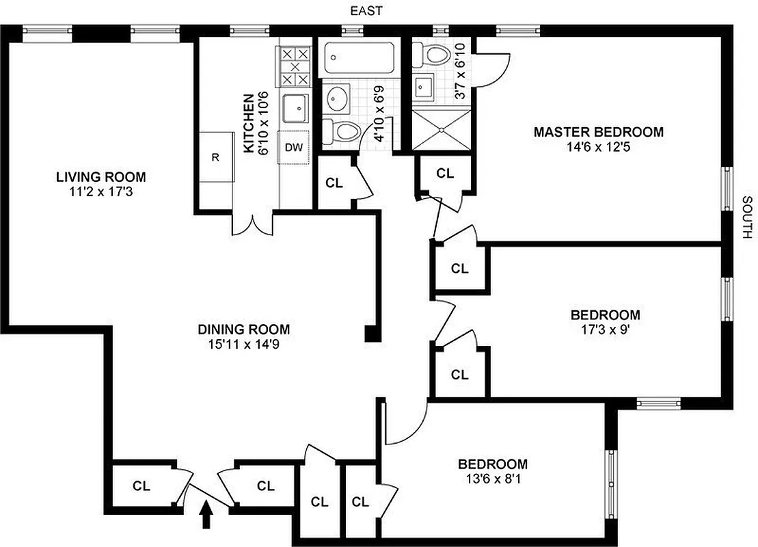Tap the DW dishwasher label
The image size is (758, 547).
pyautogui.click(x=294, y=148)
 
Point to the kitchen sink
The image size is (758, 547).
pyautogui.click(x=296, y=108)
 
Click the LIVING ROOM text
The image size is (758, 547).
pyautogui.click(x=100, y=177)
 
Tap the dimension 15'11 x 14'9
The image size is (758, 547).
pyautogui.click(x=244, y=345)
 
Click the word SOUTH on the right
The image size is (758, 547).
pyautogui.click(x=746, y=217)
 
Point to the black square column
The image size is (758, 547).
pyautogui.click(x=372, y=334)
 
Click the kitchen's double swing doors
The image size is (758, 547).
pyautogui.click(x=253, y=224)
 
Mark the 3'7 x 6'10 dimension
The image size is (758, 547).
pyautogui.click(x=461, y=71)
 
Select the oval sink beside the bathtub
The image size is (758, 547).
pyautogui.click(x=337, y=100)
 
